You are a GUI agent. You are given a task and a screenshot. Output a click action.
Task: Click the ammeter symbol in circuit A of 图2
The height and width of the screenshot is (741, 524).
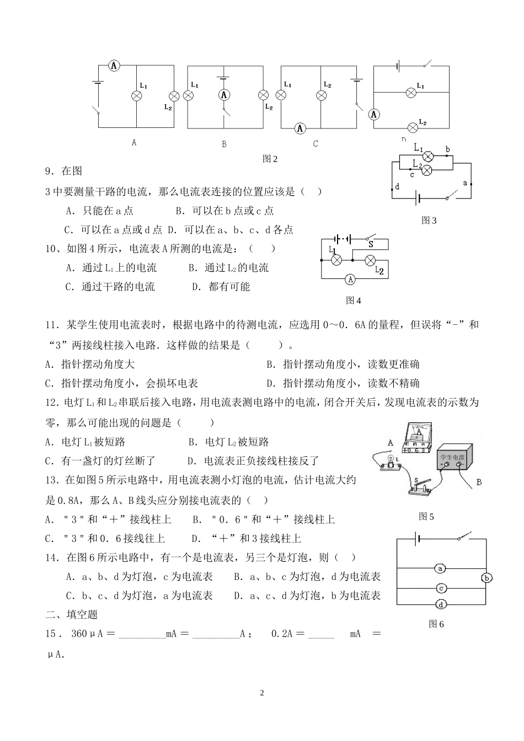[x=114, y=66]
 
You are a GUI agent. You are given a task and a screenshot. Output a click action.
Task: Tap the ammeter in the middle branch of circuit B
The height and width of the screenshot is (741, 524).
[x=224, y=95]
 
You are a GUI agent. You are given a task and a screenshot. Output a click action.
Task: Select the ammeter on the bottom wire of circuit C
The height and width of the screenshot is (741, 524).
[x=301, y=128]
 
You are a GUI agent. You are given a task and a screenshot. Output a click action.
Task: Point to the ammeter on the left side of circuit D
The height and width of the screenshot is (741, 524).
[x=374, y=114]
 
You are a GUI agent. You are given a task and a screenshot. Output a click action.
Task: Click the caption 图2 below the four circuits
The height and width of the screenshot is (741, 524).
[x=270, y=159]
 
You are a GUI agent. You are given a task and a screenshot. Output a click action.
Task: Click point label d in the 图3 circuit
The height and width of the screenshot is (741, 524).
[x=397, y=187]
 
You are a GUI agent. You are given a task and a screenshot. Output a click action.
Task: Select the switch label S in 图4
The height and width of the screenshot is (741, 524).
[x=371, y=243]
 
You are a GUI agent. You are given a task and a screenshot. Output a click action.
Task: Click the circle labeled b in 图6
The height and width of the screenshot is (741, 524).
[x=486, y=578]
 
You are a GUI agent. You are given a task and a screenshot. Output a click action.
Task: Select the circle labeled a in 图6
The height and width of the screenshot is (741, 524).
[x=440, y=568]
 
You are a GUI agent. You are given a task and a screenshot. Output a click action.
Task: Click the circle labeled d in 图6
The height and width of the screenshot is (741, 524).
[x=441, y=605]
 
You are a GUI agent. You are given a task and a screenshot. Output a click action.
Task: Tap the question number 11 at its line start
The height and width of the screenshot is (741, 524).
[x=51, y=325]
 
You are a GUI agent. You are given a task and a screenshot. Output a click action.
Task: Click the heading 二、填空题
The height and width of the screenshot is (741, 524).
[x=71, y=614]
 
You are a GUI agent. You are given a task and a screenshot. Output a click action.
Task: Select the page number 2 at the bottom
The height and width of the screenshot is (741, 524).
[x=262, y=692]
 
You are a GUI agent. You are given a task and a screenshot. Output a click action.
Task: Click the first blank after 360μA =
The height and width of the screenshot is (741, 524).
[x=142, y=634]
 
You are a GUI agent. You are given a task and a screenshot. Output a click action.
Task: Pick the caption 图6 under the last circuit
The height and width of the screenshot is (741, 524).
[x=436, y=624]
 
